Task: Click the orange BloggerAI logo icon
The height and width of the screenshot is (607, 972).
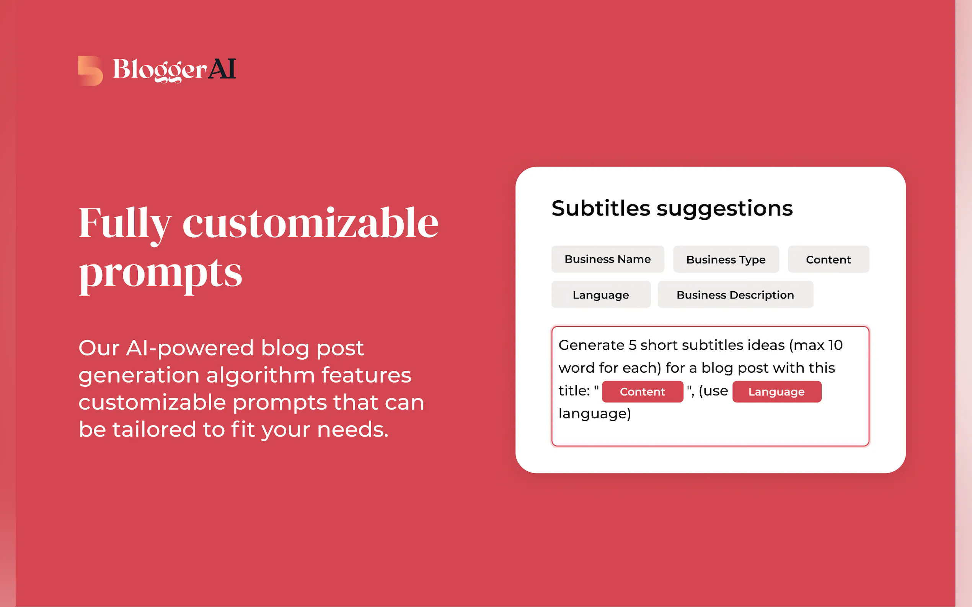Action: [x=90, y=71]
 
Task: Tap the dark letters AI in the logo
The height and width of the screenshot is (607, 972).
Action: [x=222, y=69]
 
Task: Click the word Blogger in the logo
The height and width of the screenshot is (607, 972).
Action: [x=160, y=70]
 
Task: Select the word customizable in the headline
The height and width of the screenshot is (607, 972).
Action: [x=310, y=223]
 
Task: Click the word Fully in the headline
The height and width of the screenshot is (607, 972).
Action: [x=126, y=225]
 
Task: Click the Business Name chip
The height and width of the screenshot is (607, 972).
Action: [x=608, y=259]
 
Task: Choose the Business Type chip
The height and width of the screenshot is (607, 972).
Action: [x=726, y=259]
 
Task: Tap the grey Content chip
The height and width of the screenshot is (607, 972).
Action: [x=828, y=259]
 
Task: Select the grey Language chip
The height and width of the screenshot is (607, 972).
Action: [x=601, y=295]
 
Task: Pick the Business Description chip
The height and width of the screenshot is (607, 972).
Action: [x=736, y=295]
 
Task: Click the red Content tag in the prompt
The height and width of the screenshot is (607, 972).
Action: [x=643, y=392]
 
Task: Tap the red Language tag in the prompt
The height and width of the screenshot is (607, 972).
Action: [x=777, y=392]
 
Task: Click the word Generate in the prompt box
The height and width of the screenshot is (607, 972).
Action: [x=592, y=345]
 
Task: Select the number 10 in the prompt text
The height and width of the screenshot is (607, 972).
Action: [x=835, y=345]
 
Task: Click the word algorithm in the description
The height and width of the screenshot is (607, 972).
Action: [x=261, y=376]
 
